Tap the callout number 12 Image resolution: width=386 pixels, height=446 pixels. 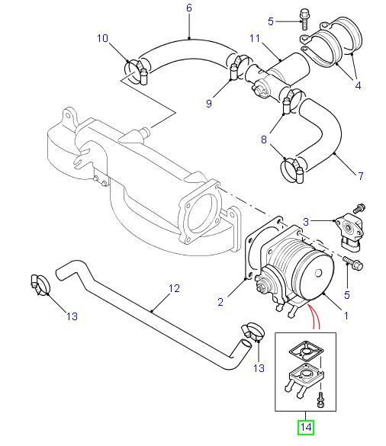174,289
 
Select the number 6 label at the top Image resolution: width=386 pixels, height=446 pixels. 189,8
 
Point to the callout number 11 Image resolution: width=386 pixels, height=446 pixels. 256,37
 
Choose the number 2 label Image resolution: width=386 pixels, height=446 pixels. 220,303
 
